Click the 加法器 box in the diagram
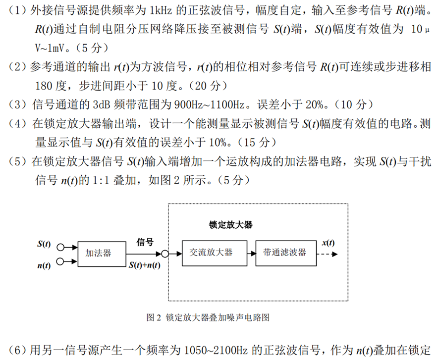click(x=99, y=253)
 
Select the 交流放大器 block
click(x=211, y=252)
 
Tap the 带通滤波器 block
click(x=284, y=252)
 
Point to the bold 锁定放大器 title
click(x=231, y=225)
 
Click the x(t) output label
click(x=328, y=243)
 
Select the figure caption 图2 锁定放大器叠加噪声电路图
click(x=208, y=317)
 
